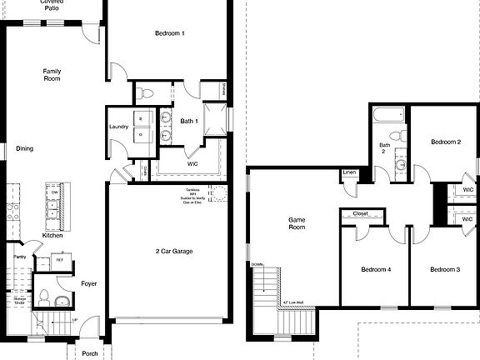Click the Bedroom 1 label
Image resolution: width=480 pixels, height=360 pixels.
click(x=169, y=33)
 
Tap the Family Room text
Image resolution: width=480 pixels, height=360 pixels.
click(x=52, y=76)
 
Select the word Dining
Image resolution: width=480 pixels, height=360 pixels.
click(x=24, y=148)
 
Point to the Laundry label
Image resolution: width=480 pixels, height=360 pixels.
click(x=118, y=127)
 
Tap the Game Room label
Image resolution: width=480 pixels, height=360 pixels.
click(x=297, y=224)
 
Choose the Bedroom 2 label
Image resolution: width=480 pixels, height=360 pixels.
click(x=446, y=142)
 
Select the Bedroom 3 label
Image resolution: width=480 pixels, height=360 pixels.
click(x=446, y=269)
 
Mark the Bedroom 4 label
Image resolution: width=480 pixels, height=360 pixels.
click(x=376, y=269)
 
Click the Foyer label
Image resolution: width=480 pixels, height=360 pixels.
click(x=88, y=283)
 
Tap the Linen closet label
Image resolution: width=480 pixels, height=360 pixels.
click(x=349, y=172)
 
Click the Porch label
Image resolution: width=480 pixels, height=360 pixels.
click(x=89, y=353)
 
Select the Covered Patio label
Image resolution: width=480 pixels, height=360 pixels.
click(x=52, y=7)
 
